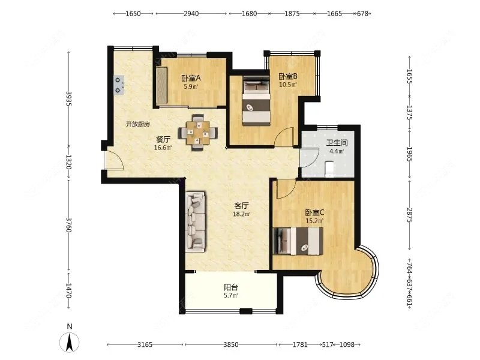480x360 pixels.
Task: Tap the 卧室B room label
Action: tap(288, 76)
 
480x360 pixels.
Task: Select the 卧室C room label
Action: tap(314, 212)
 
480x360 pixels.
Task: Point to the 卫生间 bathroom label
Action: tap(337, 143)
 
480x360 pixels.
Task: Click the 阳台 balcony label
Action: tap(231, 287)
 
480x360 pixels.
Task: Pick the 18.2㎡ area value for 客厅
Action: tap(242, 214)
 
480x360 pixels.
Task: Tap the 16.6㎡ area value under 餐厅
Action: tap(163, 148)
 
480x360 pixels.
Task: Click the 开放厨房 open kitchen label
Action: tap(138, 124)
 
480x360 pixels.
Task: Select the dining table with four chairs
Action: tap(199, 133)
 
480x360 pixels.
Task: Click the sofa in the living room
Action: tap(196, 222)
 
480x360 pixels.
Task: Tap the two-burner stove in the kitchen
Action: tap(119, 85)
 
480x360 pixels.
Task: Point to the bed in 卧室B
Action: tap(256, 100)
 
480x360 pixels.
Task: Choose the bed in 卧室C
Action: tap(298, 241)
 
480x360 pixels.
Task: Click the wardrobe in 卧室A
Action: tap(161, 85)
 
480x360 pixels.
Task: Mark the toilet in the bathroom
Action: tap(329, 169)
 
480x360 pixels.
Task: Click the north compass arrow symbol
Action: tap(70, 341)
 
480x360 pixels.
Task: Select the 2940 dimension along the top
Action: tap(191, 13)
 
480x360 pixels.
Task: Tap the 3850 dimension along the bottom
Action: tap(231, 344)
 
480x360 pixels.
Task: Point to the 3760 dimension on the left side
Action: tap(68, 225)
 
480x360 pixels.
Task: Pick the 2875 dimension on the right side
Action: tap(410, 215)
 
